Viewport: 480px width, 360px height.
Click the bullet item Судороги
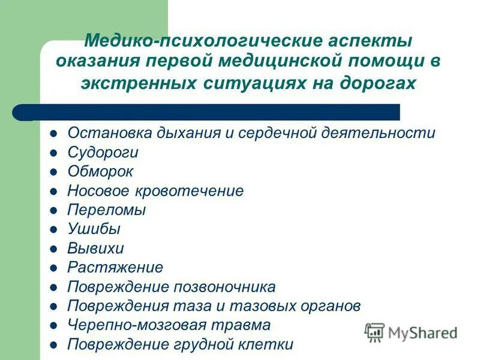[103, 152]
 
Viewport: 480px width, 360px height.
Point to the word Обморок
[100, 172]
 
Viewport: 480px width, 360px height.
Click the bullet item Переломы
[106, 210]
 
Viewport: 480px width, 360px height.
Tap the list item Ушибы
[94, 229]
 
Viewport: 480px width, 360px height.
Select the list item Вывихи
[95, 248]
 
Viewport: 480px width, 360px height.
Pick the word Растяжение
[115, 268]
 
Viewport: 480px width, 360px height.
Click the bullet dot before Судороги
[54, 153]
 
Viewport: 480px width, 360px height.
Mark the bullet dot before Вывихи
[54, 249]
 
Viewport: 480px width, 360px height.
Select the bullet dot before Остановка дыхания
[54, 134]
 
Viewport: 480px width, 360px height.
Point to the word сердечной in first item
[273, 133]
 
